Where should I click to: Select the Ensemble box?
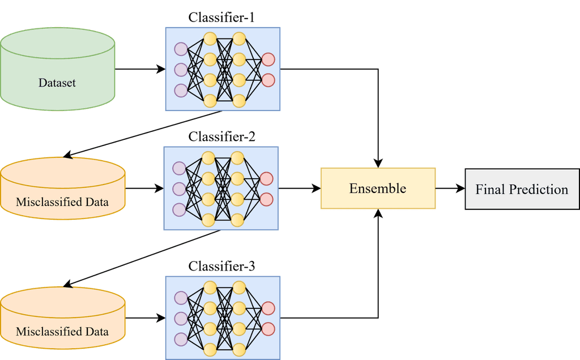click(x=378, y=188)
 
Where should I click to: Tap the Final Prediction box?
click(x=522, y=189)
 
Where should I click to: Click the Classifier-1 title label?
click(x=221, y=18)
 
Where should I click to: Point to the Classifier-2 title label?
click(x=221, y=136)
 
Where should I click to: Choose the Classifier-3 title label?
click(x=221, y=265)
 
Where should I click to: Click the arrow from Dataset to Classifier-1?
click(x=139, y=70)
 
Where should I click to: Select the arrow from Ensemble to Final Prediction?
click(x=450, y=189)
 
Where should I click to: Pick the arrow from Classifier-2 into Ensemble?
click(x=299, y=189)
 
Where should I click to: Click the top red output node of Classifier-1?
click(x=268, y=59)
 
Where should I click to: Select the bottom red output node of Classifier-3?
click(x=268, y=328)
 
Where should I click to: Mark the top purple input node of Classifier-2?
click(x=180, y=168)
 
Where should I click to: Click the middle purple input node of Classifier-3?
click(x=181, y=318)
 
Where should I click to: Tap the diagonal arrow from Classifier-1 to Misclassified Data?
click(x=142, y=134)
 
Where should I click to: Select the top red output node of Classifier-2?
click(x=266, y=179)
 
